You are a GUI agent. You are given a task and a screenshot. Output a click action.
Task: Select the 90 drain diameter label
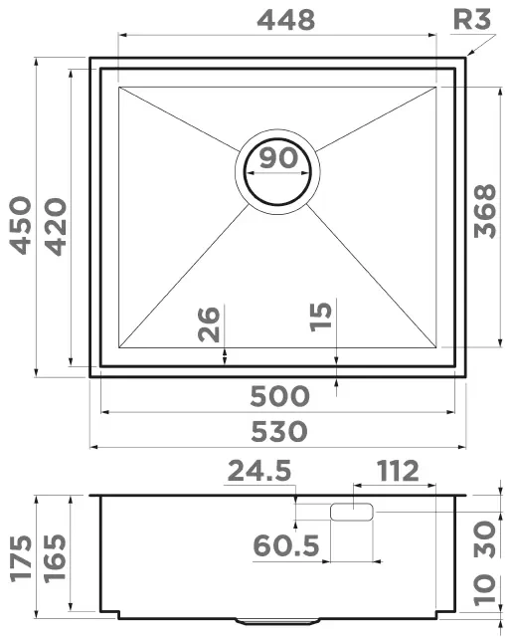click(277, 157)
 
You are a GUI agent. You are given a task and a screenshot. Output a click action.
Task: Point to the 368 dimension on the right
click(485, 211)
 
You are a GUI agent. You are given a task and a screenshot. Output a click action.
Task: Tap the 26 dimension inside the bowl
click(210, 324)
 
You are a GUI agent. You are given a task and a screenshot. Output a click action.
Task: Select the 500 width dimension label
click(277, 396)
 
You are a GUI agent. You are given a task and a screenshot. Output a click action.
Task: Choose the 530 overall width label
click(277, 432)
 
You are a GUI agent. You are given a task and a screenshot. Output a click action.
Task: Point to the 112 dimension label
click(397, 470)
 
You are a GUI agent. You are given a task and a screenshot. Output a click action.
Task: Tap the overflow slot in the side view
click(350, 513)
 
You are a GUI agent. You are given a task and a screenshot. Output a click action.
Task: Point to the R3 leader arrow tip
click(466, 54)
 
